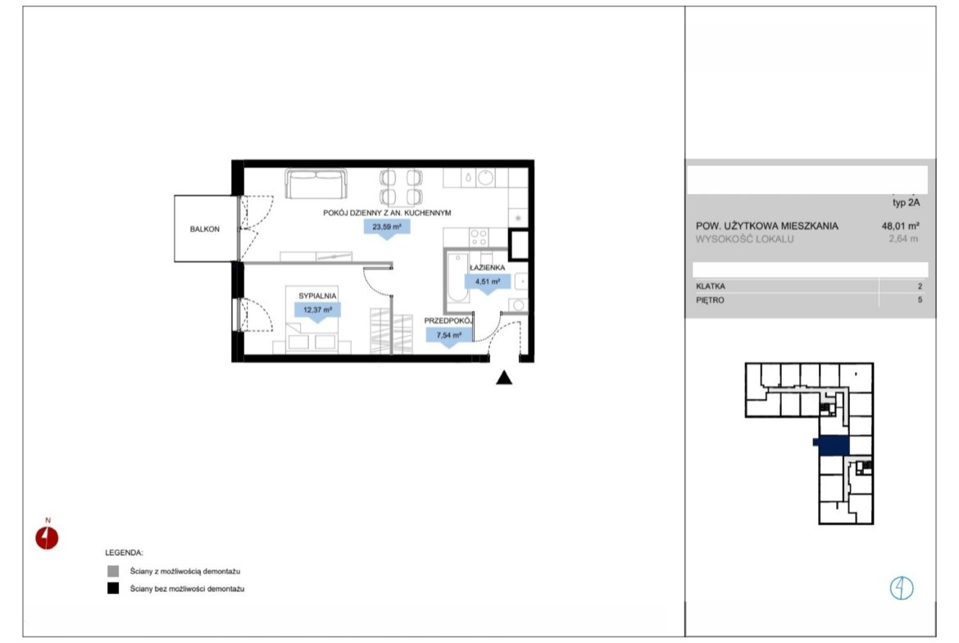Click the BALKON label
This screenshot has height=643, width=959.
pyautogui.click(x=204, y=229)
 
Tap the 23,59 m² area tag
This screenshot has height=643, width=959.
pyautogui.click(x=387, y=228)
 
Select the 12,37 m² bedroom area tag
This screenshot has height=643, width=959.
pyautogui.click(x=317, y=310)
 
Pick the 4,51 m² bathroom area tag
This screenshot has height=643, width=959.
pyautogui.click(x=488, y=283)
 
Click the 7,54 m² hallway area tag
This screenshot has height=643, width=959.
pyautogui.click(x=449, y=336)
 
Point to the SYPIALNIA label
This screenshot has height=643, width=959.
pyautogui.click(x=317, y=296)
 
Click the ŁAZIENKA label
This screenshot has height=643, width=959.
pyautogui.click(x=488, y=268)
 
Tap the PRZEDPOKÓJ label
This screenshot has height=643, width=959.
pyautogui.click(x=449, y=320)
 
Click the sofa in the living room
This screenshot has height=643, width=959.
pyautogui.click(x=316, y=183)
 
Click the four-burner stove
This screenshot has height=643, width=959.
pyautogui.click(x=479, y=237)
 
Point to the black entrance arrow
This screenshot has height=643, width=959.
pyautogui.click(x=504, y=378)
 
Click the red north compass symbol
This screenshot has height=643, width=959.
pyautogui.click(x=47, y=538)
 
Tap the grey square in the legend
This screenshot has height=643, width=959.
pyautogui.click(x=113, y=572)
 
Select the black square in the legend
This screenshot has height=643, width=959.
pyautogui.click(x=113, y=589)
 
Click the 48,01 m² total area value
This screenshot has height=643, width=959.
pyautogui.click(x=900, y=225)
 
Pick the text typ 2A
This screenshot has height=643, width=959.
pyautogui.click(x=906, y=202)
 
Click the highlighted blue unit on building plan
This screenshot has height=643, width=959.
pyautogui.click(x=832, y=446)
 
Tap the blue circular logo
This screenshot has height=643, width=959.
pyautogui.click(x=902, y=588)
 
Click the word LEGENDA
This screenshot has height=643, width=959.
pyautogui.click(x=124, y=553)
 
